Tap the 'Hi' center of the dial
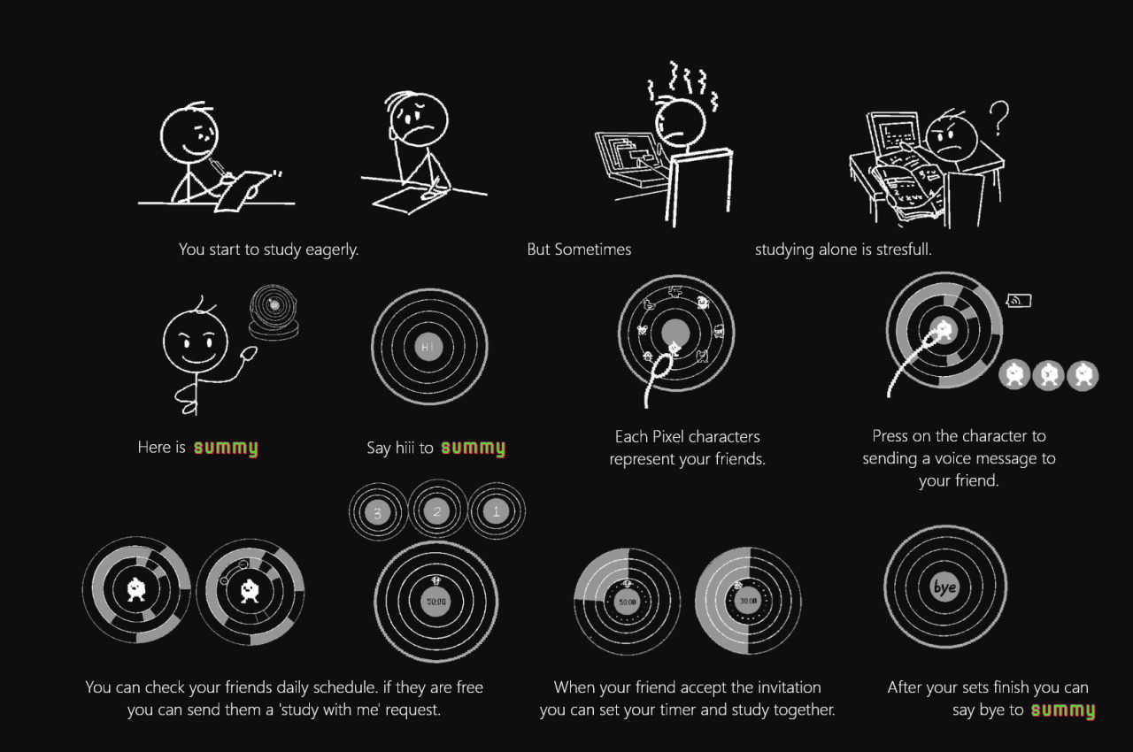(428, 347)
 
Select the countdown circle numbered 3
(378, 512)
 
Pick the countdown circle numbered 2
(437, 510)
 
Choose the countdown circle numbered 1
(497, 511)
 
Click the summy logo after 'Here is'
(226, 448)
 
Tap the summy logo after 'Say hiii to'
(473, 448)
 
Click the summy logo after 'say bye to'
(1063, 710)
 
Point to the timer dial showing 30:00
(748, 601)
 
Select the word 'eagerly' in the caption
(331, 249)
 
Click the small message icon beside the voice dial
(1019, 300)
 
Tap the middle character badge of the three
(1049, 375)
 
